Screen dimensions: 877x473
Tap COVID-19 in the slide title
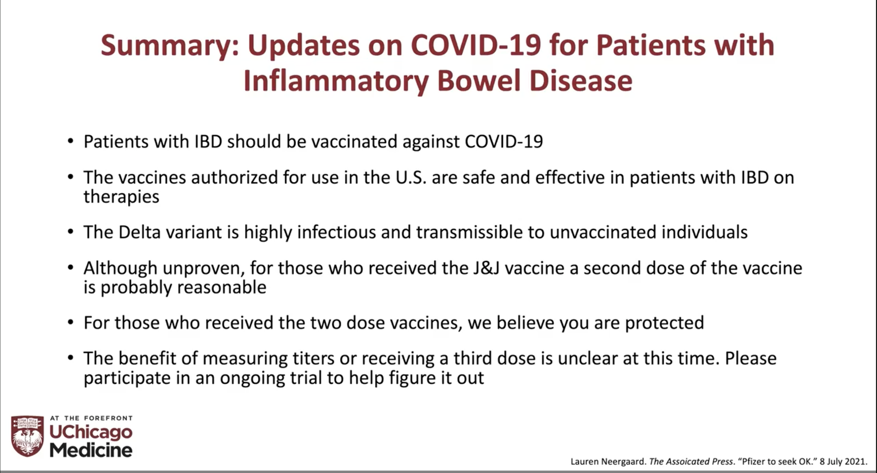476,45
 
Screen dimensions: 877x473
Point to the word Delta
139,232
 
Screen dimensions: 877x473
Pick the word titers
313,358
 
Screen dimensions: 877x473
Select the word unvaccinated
603,232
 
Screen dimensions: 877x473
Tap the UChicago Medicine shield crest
27,436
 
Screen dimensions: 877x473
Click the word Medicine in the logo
91,450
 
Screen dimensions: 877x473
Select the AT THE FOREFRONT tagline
91,418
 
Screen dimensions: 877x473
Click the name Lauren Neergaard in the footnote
608,462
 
